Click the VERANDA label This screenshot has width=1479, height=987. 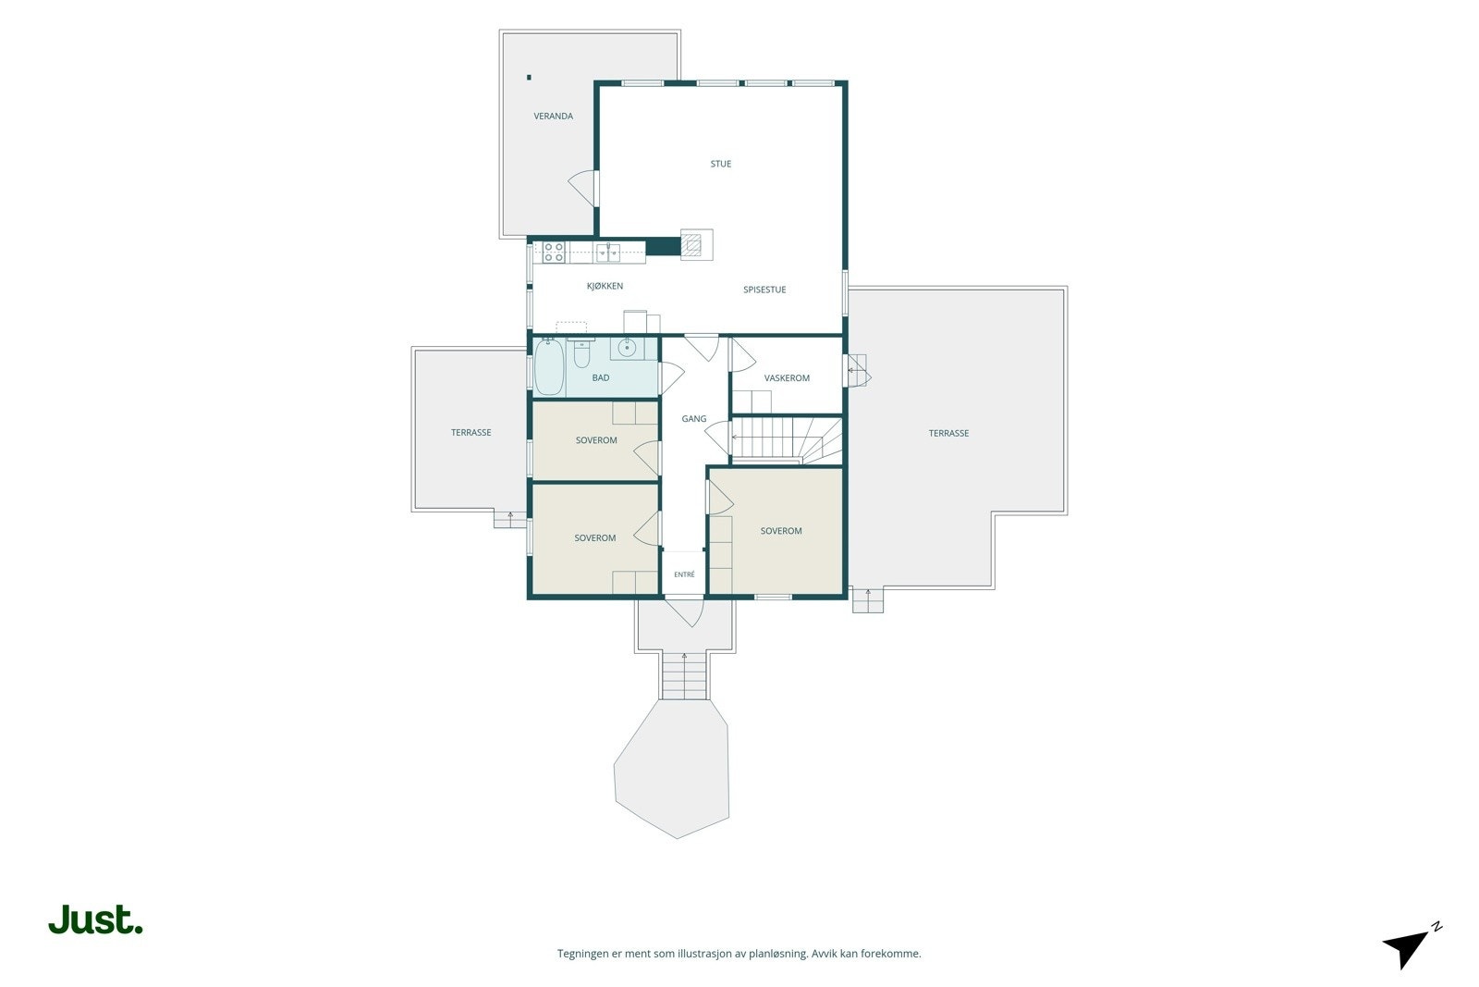554,117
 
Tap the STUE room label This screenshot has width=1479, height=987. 720,164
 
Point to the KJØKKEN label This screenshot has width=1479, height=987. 605,286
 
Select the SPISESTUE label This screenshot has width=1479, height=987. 764,290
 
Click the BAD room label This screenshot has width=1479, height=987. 601,378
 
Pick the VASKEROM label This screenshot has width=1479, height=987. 787,378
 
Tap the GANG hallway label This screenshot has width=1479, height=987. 694,419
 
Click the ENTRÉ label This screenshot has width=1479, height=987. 684,574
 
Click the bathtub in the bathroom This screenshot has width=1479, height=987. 549,367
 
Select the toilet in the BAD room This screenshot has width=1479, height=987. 581,352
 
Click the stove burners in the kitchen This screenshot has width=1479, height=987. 554,253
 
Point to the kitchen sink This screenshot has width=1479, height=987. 608,253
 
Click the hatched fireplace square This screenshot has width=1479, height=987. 692,245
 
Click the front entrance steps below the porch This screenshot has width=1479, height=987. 684,675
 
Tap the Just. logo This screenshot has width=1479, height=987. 96,919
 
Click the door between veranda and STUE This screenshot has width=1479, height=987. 583,189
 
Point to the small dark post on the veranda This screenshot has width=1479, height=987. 529,78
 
